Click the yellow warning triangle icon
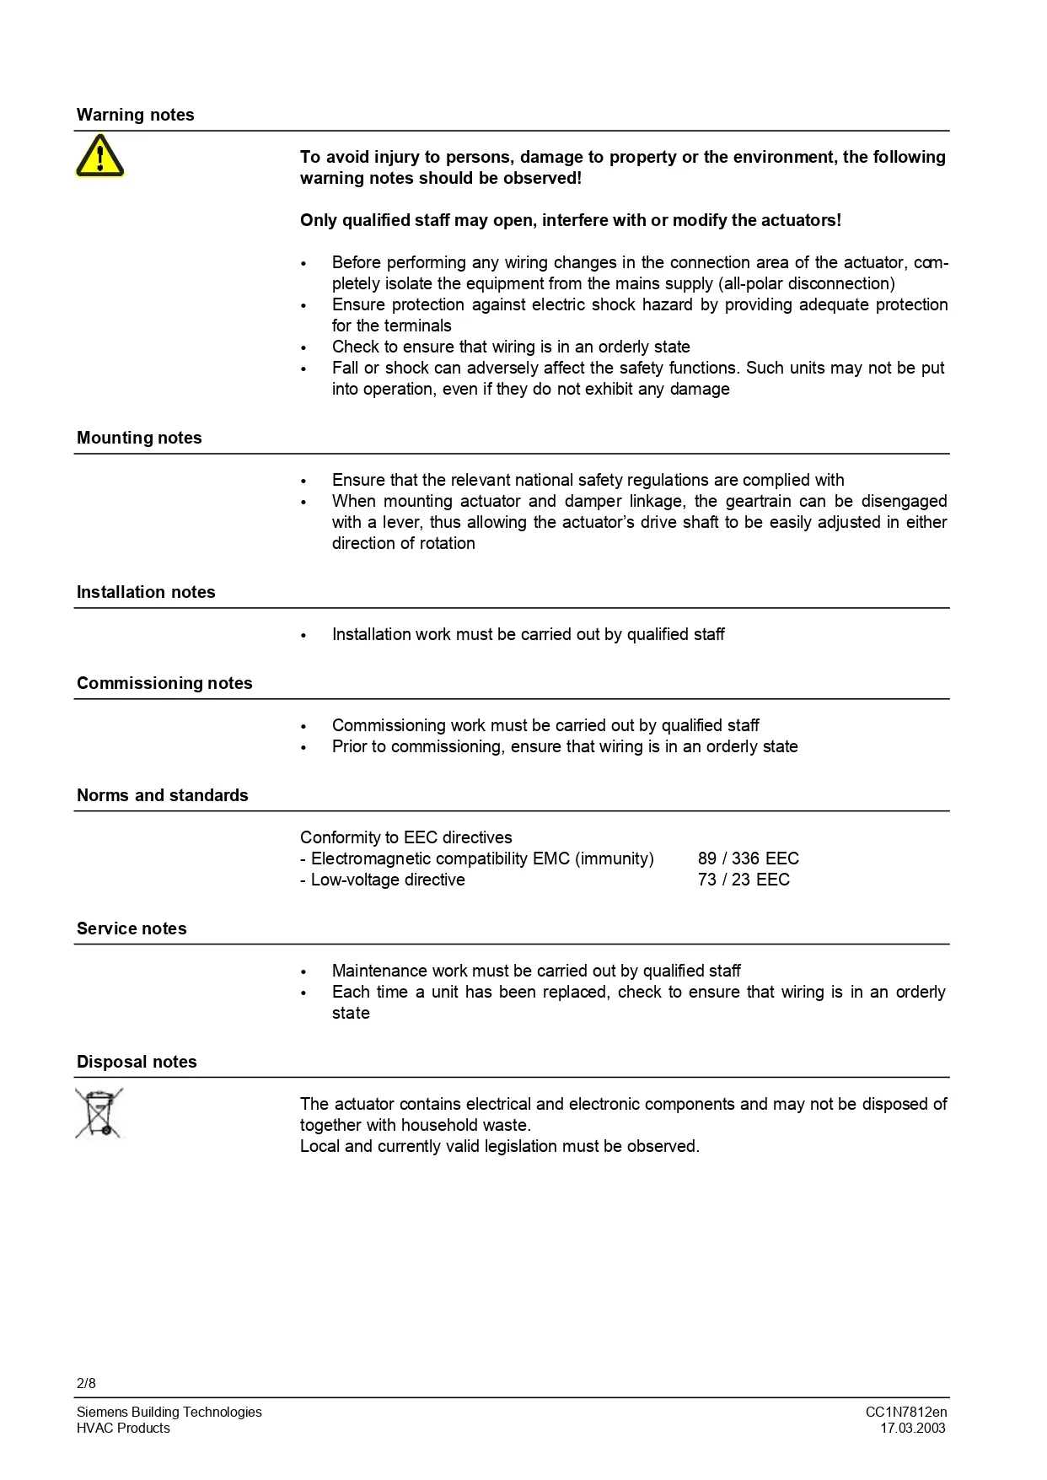(x=99, y=157)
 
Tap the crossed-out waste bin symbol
(x=99, y=1113)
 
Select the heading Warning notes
(x=135, y=115)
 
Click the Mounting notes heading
(x=139, y=438)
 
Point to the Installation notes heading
(x=146, y=592)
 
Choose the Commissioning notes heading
(x=164, y=683)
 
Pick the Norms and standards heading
(x=162, y=795)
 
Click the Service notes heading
(x=132, y=928)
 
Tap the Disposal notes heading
(x=137, y=1062)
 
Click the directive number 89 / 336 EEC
(x=748, y=858)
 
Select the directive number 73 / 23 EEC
(x=744, y=880)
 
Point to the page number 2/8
(x=86, y=1383)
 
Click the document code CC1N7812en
(x=905, y=1412)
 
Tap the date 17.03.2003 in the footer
(x=913, y=1428)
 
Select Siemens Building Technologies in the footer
(x=169, y=1412)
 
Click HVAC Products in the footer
(x=123, y=1428)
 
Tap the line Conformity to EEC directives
(x=405, y=837)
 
